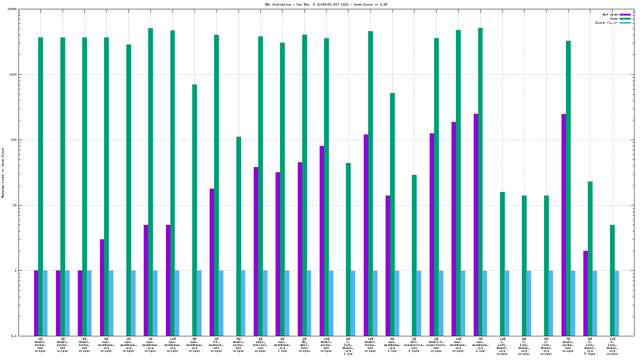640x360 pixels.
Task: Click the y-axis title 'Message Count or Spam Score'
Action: [x=3, y=173]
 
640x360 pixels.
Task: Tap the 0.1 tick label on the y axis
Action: [x=14, y=336]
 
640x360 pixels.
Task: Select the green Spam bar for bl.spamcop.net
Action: [x=216, y=185]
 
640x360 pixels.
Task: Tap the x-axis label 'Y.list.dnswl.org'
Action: [x=524, y=346]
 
